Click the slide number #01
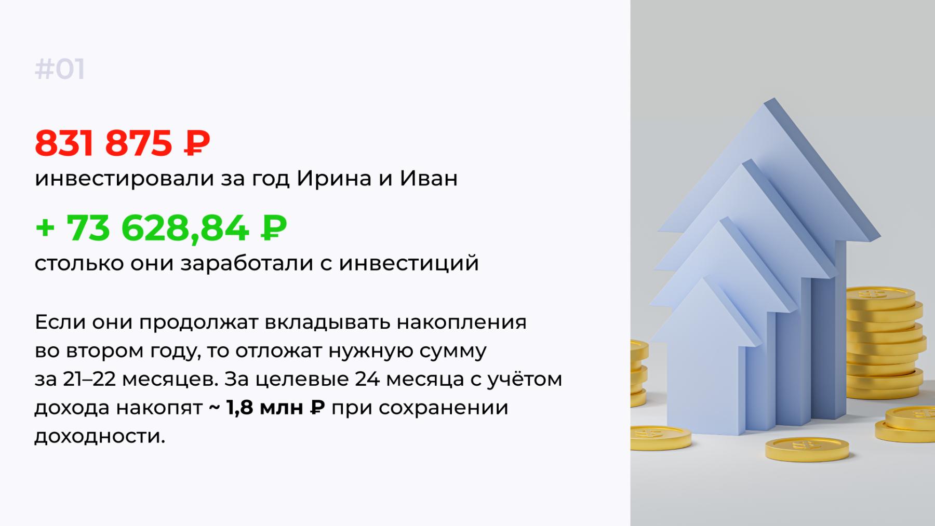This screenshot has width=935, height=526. pyautogui.click(x=60, y=70)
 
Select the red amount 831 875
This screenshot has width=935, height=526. pyautogui.click(x=103, y=143)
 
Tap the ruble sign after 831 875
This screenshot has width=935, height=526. pyautogui.click(x=197, y=143)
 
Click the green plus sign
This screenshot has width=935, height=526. pyautogui.click(x=46, y=228)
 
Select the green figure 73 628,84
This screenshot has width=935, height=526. pyautogui.click(x=157, y=228)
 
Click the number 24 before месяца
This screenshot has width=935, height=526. pyautogui.click(x=367, y=380)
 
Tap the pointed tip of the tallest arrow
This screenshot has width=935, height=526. pyautogui.click(x=774, y=99)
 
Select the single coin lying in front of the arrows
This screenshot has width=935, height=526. pyautogui.click(x=807, y=450)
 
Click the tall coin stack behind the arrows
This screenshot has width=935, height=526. pyautogui.click(x=884, y=346)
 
